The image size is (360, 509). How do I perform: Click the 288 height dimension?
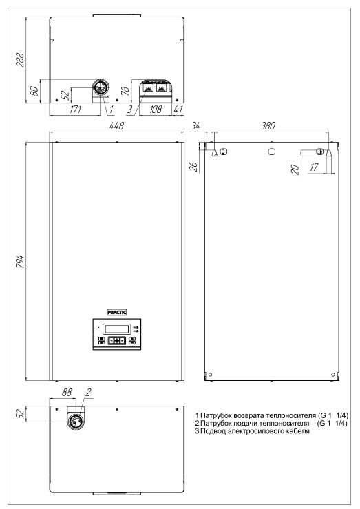(20, 60)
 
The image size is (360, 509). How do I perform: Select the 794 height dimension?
(20, 262)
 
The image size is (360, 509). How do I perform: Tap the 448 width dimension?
(117, 125)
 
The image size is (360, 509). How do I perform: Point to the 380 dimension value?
(268, 125)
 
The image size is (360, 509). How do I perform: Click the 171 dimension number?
(76, 109)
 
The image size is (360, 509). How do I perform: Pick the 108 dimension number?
(156, 109)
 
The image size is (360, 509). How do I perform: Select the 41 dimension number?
(178, 109)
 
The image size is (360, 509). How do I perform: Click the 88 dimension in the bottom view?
(67, 393)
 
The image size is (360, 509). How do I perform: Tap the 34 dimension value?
(195, 125)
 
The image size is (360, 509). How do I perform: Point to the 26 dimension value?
(193, 166)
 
